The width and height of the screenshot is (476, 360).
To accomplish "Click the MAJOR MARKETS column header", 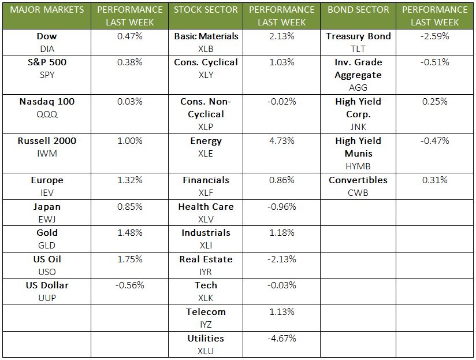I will [x=47, y=10].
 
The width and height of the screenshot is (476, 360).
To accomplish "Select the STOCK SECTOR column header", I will [x=206, y=10].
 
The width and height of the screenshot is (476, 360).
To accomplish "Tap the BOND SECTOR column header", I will [x=358, y=10].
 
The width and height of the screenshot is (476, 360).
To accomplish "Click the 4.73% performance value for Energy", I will [x=282, y=141].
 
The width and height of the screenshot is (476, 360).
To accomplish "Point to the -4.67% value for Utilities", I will [x=282, y=339].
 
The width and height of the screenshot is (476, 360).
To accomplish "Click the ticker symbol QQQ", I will [x=47, y=114].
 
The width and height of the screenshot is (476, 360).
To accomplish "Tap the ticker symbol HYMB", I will [x=358, y=166].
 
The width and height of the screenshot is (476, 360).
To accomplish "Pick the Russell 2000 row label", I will [x=47, y=141].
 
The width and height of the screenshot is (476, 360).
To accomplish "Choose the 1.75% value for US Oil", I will [x=129, y=259].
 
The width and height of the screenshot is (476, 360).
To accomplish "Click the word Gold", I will [x=47, y=233].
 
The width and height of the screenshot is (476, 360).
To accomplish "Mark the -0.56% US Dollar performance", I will [x=129, y=285].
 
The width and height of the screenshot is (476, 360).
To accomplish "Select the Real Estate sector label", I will [x=206, y=259].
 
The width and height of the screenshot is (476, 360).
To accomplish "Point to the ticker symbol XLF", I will [x=206, y=193].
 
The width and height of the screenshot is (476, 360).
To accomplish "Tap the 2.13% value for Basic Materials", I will [x=282, y=36].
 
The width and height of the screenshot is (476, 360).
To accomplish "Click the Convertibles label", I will [x=358, y=180].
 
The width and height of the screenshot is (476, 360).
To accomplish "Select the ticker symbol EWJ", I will [x=47, y=220].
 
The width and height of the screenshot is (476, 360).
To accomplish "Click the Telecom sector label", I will [x=206, y=312].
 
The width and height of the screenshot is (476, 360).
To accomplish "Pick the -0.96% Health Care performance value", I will [x=282, y=207].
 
